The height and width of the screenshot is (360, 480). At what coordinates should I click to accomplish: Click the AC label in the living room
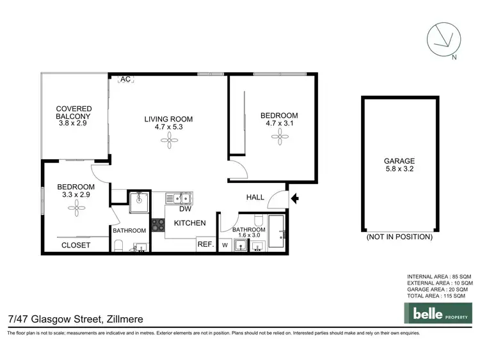(125, 79)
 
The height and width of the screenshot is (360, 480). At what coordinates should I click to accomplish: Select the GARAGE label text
(399, 161)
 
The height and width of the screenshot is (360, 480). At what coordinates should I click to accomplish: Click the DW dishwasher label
(186, 209)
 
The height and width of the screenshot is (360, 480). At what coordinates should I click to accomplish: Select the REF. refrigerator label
(205, 244)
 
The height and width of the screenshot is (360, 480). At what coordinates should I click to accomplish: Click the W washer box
(225, 244)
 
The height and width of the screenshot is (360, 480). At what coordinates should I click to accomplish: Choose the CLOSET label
(76, 245)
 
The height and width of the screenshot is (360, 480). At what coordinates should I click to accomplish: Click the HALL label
(255, 198)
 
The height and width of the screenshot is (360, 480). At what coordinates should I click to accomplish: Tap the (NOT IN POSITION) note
(399, 237)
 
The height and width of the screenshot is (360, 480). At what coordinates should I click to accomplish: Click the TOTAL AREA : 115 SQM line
(439, 296)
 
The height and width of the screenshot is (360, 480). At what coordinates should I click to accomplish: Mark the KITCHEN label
(190, 223)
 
